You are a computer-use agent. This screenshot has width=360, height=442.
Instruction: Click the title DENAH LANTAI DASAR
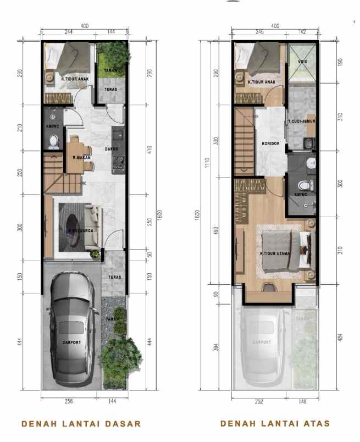click(x=81, y=423)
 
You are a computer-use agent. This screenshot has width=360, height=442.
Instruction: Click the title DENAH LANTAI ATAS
click(x=275, y=423)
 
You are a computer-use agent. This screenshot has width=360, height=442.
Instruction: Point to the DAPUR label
click(x=113, y=148)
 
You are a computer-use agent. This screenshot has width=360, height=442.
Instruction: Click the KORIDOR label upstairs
click(x=272, y=143)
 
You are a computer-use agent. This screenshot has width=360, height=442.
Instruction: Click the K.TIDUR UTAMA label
click(x=275, y=254)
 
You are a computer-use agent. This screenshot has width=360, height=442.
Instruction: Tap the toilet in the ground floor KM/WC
click(x=53, y=141)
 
